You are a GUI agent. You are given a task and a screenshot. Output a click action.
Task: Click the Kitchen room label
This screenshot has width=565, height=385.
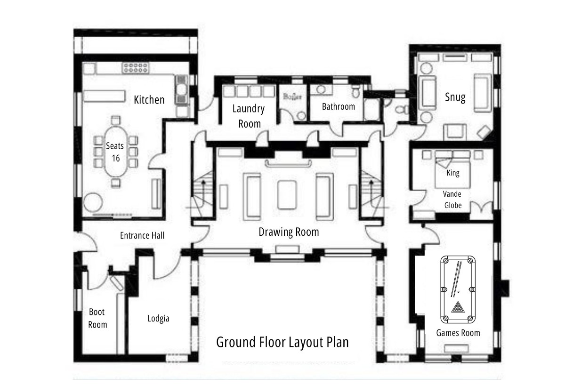click(x=149, y=100)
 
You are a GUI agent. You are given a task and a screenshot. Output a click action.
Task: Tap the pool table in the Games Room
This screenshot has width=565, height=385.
click(x=458, y=289)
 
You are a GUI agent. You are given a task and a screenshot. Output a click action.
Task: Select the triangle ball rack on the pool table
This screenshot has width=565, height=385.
click(x=458, y=307)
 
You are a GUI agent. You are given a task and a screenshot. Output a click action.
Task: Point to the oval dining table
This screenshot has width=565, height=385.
click(x=116, y=152)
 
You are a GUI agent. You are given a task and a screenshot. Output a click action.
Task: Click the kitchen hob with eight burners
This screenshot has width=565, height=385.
click(x=136, y=68)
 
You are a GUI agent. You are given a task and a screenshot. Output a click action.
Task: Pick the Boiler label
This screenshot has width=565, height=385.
click(x=292, y=96)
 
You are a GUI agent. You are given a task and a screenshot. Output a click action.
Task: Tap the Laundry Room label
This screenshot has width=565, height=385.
click(x=249, y=116)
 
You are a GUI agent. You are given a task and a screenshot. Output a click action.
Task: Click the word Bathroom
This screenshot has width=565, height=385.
click(x=339, y=107)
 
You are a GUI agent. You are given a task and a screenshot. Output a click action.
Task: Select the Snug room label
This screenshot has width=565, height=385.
click(x=455, y=97)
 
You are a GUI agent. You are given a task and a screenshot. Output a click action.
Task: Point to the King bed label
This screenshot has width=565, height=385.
click(x=453, y=173)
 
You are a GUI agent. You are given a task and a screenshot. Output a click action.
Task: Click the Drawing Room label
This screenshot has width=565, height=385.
click(x=289, y=232)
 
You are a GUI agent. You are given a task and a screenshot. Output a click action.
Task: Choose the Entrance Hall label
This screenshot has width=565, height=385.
click(x=142, y=235)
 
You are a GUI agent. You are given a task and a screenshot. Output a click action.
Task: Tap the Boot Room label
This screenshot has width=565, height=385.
click(x=97, y=318)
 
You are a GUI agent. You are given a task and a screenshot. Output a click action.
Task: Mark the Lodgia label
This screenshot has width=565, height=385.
click(x=158, y=319)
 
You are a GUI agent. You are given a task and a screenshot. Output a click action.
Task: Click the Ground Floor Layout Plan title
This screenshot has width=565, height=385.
click(x=282, y=342)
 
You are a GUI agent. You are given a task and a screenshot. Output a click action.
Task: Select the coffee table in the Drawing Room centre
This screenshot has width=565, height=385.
click(x=287, y=195)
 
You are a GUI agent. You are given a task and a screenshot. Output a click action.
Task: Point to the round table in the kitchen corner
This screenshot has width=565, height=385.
click(x=93, y=202)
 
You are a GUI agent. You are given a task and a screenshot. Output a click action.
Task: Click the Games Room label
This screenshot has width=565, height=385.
click(x=458, y=333)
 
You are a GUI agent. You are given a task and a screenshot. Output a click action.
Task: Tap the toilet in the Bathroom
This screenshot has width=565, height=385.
click(x=356, y=91)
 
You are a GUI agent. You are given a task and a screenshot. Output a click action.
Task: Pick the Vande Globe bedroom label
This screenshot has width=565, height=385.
click(x=452, y=200)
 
